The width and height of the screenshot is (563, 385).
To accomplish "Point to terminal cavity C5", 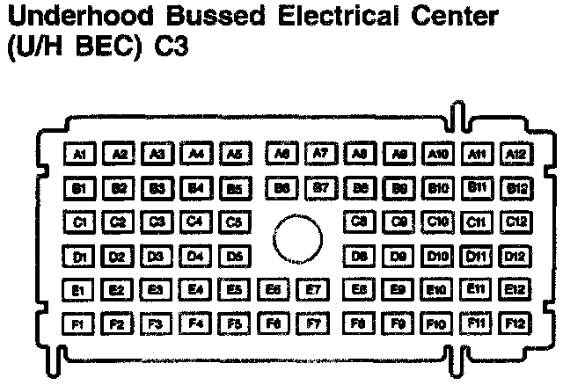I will [x=234, y=222].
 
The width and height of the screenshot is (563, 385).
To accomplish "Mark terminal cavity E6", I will [x=273, y=288].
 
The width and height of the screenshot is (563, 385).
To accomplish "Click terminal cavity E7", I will [x=311, y=288].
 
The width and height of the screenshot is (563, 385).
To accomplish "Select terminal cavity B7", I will [x=320, y=186].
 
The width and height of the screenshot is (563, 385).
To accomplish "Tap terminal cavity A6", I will [x=281, y=154].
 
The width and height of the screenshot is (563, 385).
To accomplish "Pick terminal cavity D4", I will [x=196, y=256].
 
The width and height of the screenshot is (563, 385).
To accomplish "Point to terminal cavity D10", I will [x=436, y=255].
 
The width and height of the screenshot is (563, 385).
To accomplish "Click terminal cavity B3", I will [x=157, y=187].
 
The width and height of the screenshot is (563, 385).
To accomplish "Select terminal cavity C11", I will [x=477, y=222].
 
